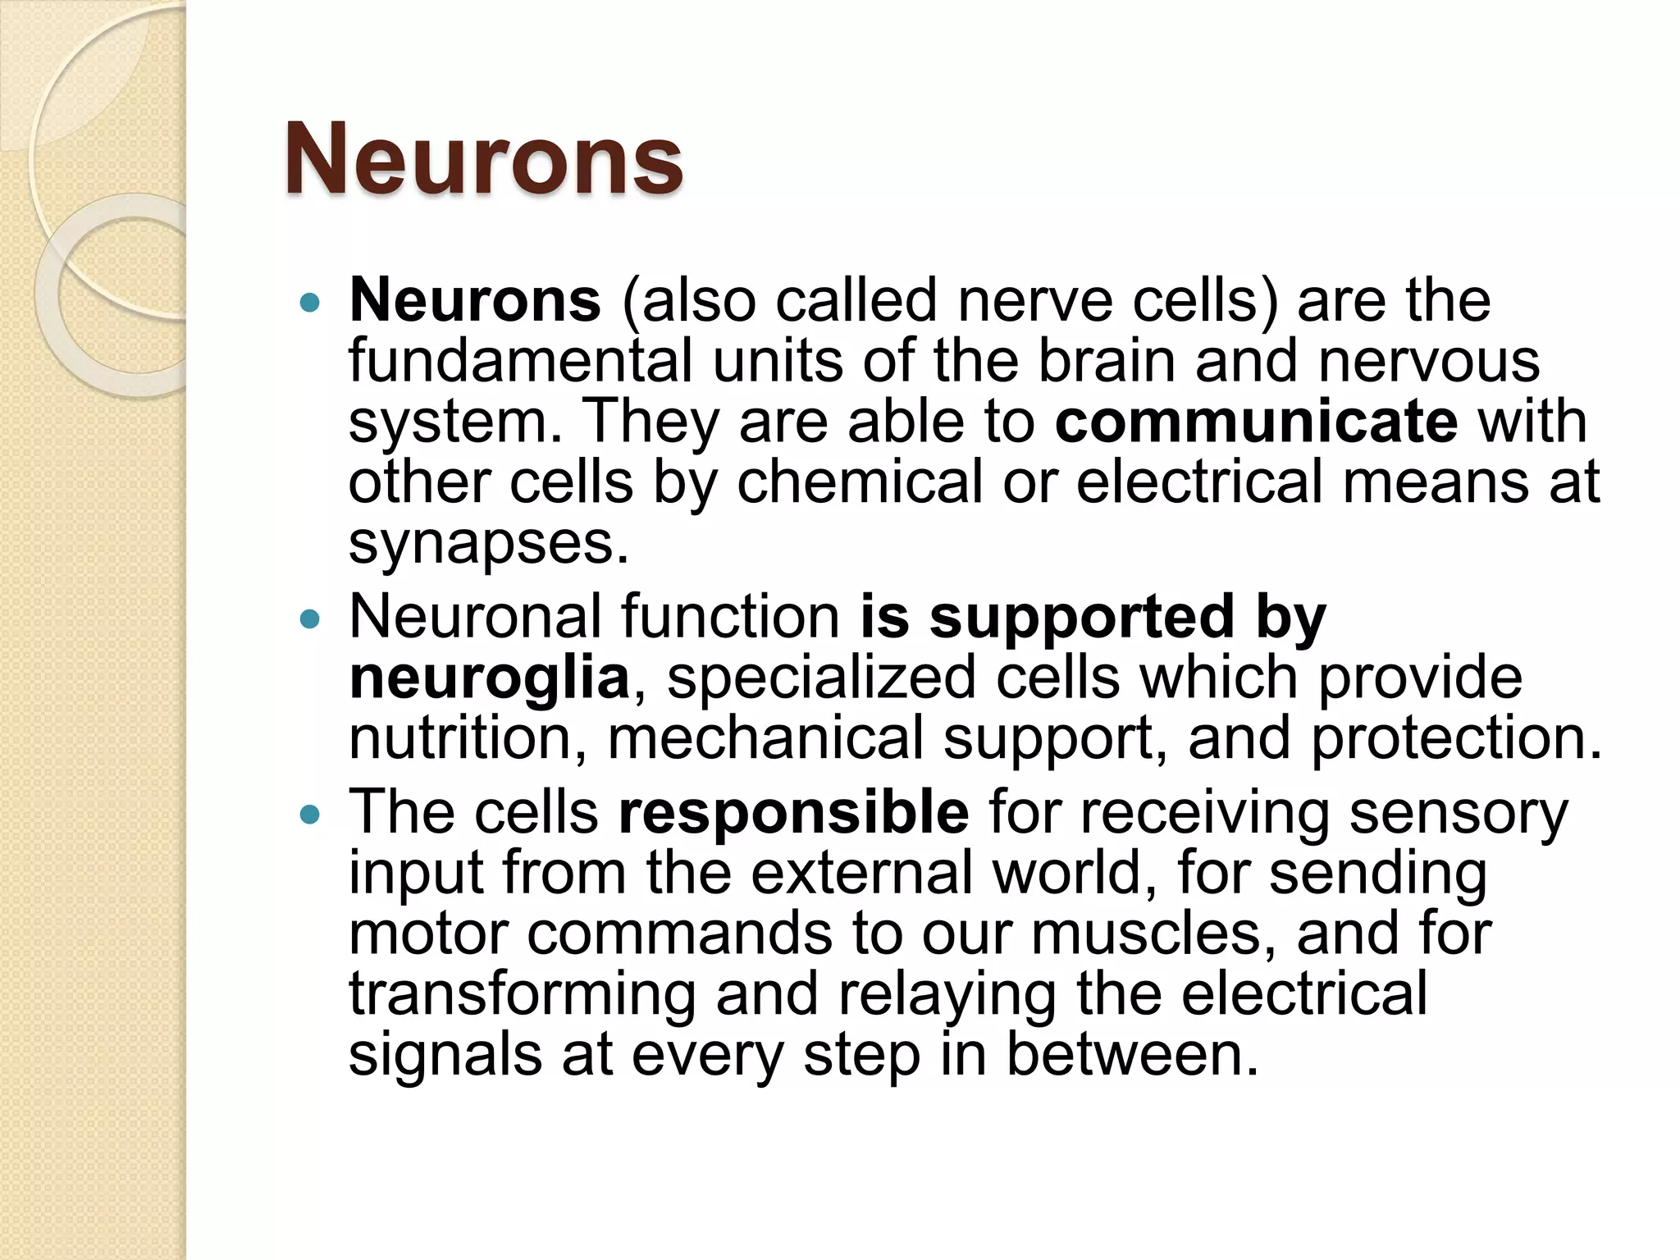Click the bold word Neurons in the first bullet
pos(475,300)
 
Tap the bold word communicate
pos(1256,422)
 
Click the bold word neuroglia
pos(489,678)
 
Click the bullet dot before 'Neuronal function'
pos(309,619)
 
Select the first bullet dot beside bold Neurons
pos(309,303)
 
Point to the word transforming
pos(522,994)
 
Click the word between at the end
pos(1131,1055)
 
